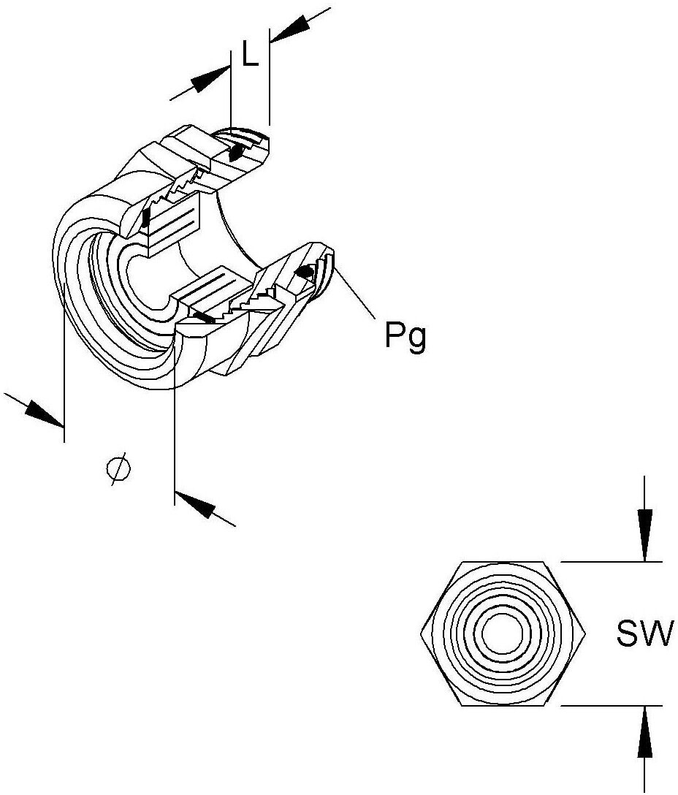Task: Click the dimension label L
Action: tap(250, 54)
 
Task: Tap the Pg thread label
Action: tap(405, 336)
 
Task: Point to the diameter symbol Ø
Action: tap(118, 470)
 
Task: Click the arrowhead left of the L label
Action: tap(210, 79)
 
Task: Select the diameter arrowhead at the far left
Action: tap(45, 414)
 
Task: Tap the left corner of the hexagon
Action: tap(421, 634)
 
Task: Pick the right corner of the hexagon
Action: tap(586, 634)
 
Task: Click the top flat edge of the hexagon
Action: tap(503, 562)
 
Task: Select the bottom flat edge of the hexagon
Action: tap(503, 705)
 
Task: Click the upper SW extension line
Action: tap(611, 562)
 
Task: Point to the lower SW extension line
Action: tap(611, 705)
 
